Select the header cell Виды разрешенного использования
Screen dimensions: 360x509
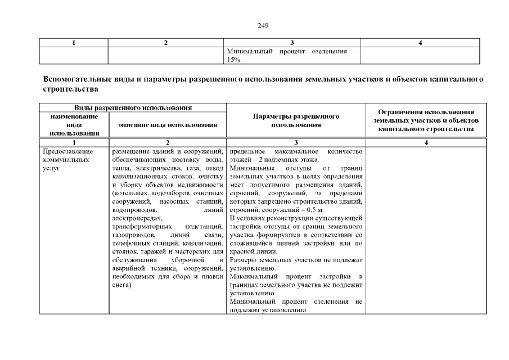(133, 107)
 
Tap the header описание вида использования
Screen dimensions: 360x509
(168, 124)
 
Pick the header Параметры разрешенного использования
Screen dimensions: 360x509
(296, 120)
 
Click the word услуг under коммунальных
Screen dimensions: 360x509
(51, 169)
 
